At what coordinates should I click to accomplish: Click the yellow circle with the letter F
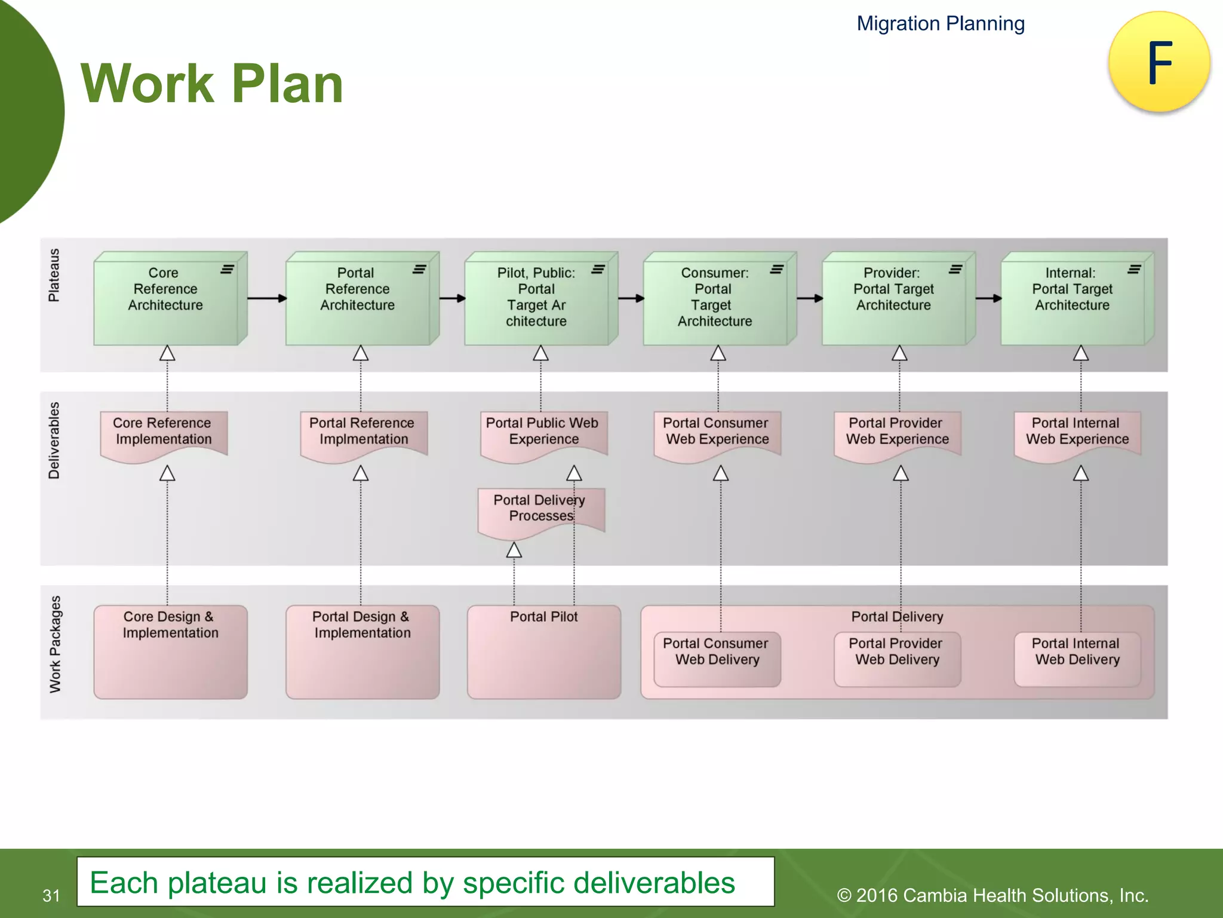coord(1159,62)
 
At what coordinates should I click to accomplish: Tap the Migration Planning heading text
coord(941,24)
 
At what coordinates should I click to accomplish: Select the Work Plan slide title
coord(212,84)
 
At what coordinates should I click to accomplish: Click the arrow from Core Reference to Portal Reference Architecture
coord(266,298)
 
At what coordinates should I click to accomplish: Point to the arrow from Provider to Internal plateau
coord(988,298)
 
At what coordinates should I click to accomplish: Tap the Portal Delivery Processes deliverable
coord(540,509)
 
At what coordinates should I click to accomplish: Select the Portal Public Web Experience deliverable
coord(543,432)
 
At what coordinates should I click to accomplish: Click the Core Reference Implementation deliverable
coord(163,432)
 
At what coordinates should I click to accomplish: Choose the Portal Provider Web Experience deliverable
coord(897,432)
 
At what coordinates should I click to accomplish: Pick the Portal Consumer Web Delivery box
coord(717,657)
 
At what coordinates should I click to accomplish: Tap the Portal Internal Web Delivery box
coord(1077,657)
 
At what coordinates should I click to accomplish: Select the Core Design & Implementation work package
coord(170,651)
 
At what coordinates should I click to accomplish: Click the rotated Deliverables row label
coord(54,440)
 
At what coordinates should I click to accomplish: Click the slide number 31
coord(51,895)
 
